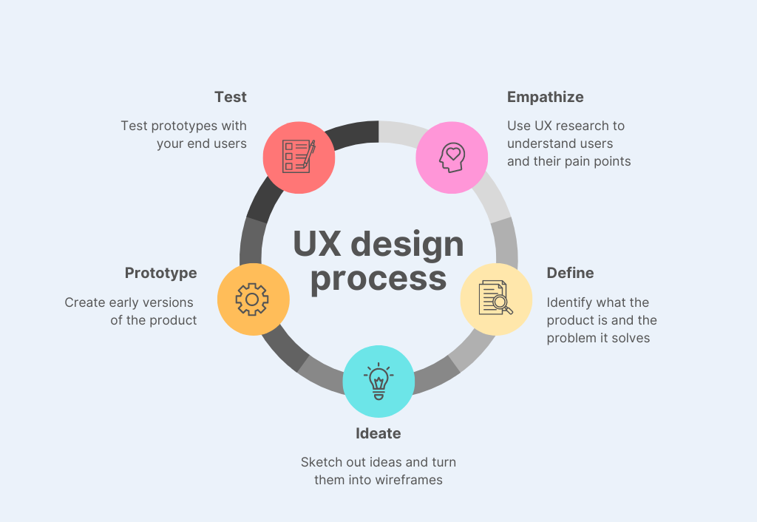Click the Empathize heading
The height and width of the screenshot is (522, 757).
click(545, 98)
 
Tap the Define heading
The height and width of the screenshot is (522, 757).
click(570, 273)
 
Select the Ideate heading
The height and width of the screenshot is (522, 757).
click(378, 433)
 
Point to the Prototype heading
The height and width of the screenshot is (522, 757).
click(160, 274)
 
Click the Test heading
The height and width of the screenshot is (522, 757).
click(231, 97)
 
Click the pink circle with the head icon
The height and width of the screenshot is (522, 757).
click(452, 157)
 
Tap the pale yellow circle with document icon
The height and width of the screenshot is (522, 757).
click(496, 299)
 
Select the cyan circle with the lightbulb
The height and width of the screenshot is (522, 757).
click(378, 382)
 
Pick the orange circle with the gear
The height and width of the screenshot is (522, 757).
click(253, 299)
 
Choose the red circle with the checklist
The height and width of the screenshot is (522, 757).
click(299, 157)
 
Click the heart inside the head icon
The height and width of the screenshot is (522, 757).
click(453, 154)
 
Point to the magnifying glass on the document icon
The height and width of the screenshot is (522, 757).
click(503, 305)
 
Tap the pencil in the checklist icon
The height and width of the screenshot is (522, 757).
click(310, 154)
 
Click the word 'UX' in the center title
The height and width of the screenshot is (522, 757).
click(316, 244)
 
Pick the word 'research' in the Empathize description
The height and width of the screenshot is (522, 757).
click(583, 126)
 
